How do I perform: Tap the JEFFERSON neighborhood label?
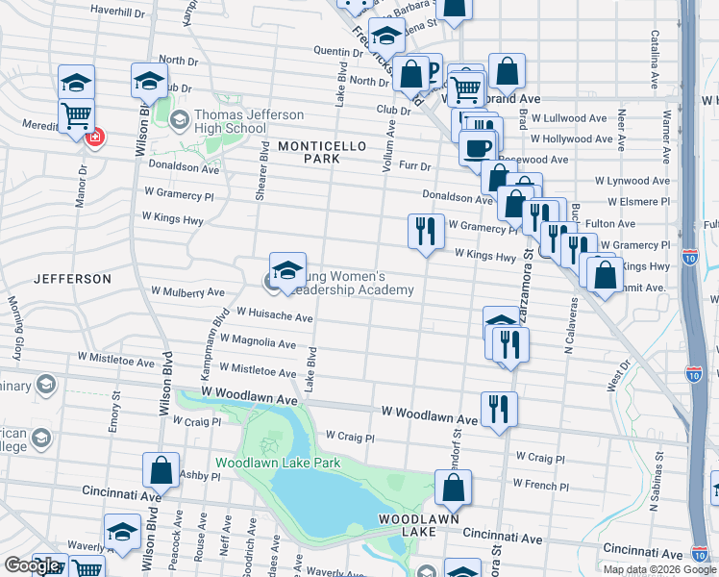point(73,279)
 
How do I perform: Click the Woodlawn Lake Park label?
point(278,463)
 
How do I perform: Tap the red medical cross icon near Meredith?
point(93,138)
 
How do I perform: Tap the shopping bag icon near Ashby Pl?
point(161,470)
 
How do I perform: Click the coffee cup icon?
point(478,148)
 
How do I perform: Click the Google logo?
point(33,565)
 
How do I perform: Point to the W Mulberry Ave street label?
point(187,291)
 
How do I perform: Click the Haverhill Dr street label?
point(116,13)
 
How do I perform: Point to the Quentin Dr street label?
point(336,51)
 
